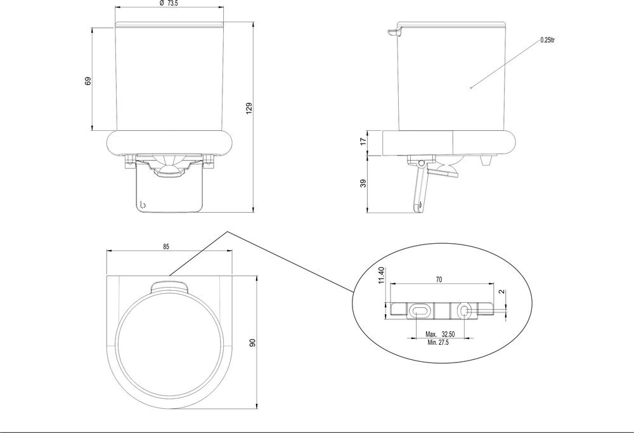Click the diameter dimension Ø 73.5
169,4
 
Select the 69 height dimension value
88,81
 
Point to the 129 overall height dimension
249,109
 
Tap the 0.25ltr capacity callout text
548,40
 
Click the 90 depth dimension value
252,343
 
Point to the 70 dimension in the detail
440,279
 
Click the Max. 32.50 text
439,333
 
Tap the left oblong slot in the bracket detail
419,309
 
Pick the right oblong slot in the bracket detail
463,309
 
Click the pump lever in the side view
420,187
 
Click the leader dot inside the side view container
471,88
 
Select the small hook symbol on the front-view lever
143,204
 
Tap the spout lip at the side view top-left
393,32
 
